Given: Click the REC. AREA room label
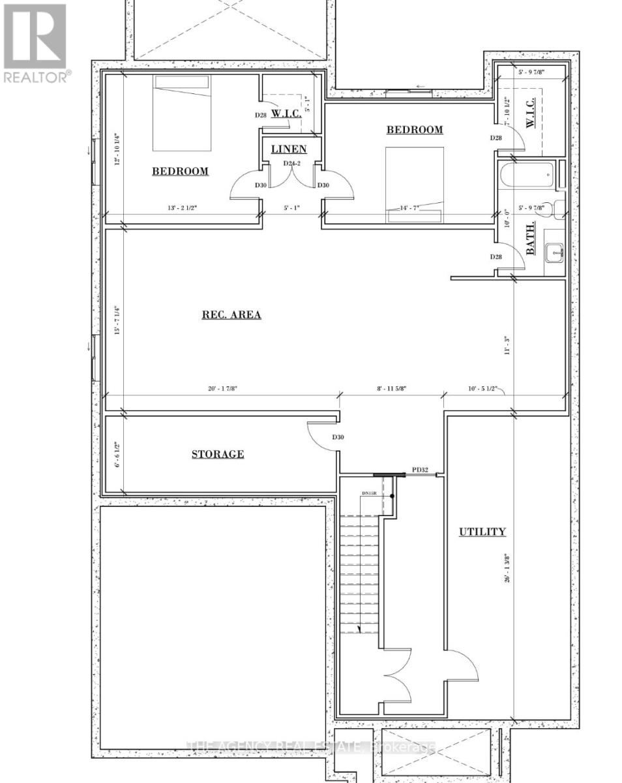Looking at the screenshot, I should [231, 315].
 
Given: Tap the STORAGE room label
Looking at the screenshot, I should [218, 454].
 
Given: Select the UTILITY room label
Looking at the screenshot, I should [482, 532].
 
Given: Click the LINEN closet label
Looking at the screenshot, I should [289, 149].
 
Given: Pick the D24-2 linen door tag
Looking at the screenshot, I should [291, 163].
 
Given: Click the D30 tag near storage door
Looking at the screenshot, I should [338, 437].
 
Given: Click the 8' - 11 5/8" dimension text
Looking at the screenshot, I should [390, 389].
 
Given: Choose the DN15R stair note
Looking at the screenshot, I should [370, 494].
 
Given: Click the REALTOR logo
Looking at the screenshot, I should [35, 42].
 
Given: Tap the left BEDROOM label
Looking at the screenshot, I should [180, 172].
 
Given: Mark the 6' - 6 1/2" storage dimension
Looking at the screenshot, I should [117, 454].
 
